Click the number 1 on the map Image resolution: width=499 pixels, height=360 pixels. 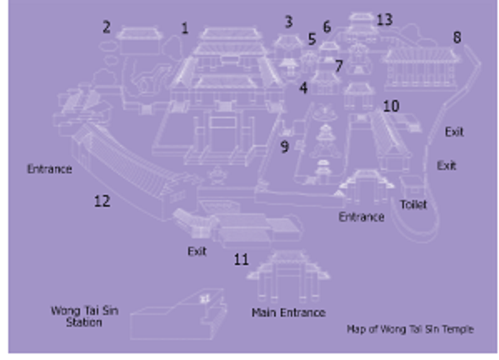coord(185,28)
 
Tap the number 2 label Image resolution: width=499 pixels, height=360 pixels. coord(107,27)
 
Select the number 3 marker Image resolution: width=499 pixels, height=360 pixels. coord(288,22)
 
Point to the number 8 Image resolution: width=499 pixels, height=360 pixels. coord(457,37)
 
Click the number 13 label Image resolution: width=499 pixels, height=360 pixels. coord(384,20)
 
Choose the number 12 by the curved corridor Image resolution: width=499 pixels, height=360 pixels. coord(102,201)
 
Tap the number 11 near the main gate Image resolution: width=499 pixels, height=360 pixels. coord(241,259)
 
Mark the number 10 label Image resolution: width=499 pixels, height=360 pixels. coord(391,106)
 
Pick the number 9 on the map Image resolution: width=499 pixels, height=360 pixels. coord(285,147)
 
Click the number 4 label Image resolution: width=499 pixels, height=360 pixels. coord(303,87)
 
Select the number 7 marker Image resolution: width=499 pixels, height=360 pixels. coord(339,66)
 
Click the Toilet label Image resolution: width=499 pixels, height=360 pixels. coord(413,205)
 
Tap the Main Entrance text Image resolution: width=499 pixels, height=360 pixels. coord(288,312)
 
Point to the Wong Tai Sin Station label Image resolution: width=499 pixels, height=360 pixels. coord(85,317)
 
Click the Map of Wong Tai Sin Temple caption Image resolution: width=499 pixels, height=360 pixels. coord(410,329)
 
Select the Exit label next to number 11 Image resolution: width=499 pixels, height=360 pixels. coord(197,251)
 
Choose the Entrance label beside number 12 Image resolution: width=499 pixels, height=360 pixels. coord(49,168)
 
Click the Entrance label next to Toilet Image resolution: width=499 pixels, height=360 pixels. coord(362,217)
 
